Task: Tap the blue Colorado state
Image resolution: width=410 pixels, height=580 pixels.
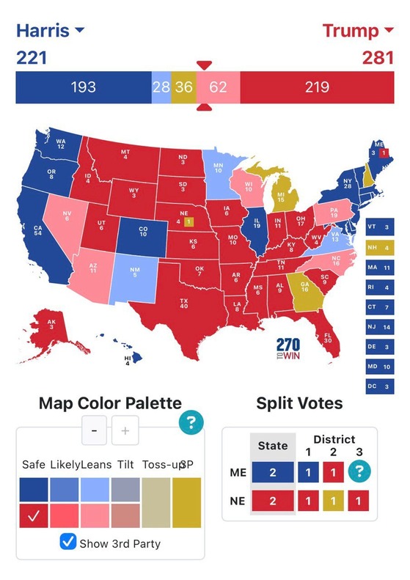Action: pos(142,231)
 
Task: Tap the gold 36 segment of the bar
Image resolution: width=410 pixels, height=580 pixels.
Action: pos(183,87)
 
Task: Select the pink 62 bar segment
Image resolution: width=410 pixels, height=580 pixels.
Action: pos(218,87)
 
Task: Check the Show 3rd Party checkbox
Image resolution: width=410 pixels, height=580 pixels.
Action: pos(67,543)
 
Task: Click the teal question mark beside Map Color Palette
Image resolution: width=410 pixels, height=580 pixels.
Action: pos(191,421)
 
